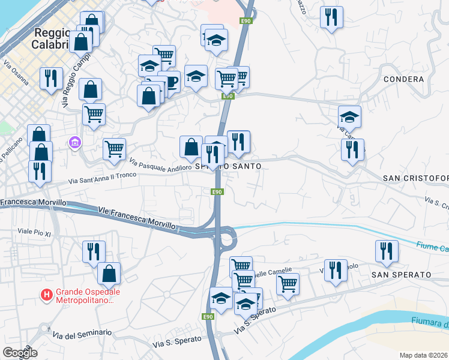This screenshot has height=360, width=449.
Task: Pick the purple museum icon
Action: (x=75, y=143)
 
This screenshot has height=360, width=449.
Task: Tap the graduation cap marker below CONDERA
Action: (x=349, y=116)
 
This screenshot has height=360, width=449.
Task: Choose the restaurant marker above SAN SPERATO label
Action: (x=387, y=251)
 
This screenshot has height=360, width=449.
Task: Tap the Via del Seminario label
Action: (x=82, y=334)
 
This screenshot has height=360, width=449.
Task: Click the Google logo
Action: (x=19, y=352)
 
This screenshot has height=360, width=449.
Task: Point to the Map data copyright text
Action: (x=423, y=355)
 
